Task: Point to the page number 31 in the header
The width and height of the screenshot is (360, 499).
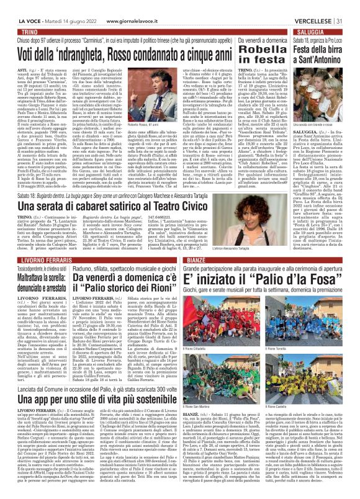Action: click(352, 4)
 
